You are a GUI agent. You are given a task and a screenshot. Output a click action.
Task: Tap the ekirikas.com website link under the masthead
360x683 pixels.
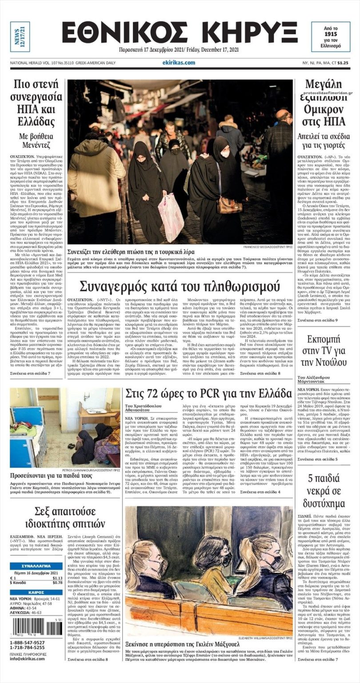click(178, 63)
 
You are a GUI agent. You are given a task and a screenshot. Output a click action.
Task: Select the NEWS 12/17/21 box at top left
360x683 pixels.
click(20, 36)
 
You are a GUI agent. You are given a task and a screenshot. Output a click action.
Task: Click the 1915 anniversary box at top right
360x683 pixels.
click(330, 36)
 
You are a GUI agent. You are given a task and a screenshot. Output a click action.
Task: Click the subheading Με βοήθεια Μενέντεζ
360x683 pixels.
click(38, 141)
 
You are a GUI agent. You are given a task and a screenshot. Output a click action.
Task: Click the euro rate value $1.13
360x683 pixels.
click(57, 578)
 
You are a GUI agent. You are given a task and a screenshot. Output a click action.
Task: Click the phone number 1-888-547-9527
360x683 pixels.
click(27, 643)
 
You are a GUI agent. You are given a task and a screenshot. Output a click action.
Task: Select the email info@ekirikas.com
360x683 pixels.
click(28, 659)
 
